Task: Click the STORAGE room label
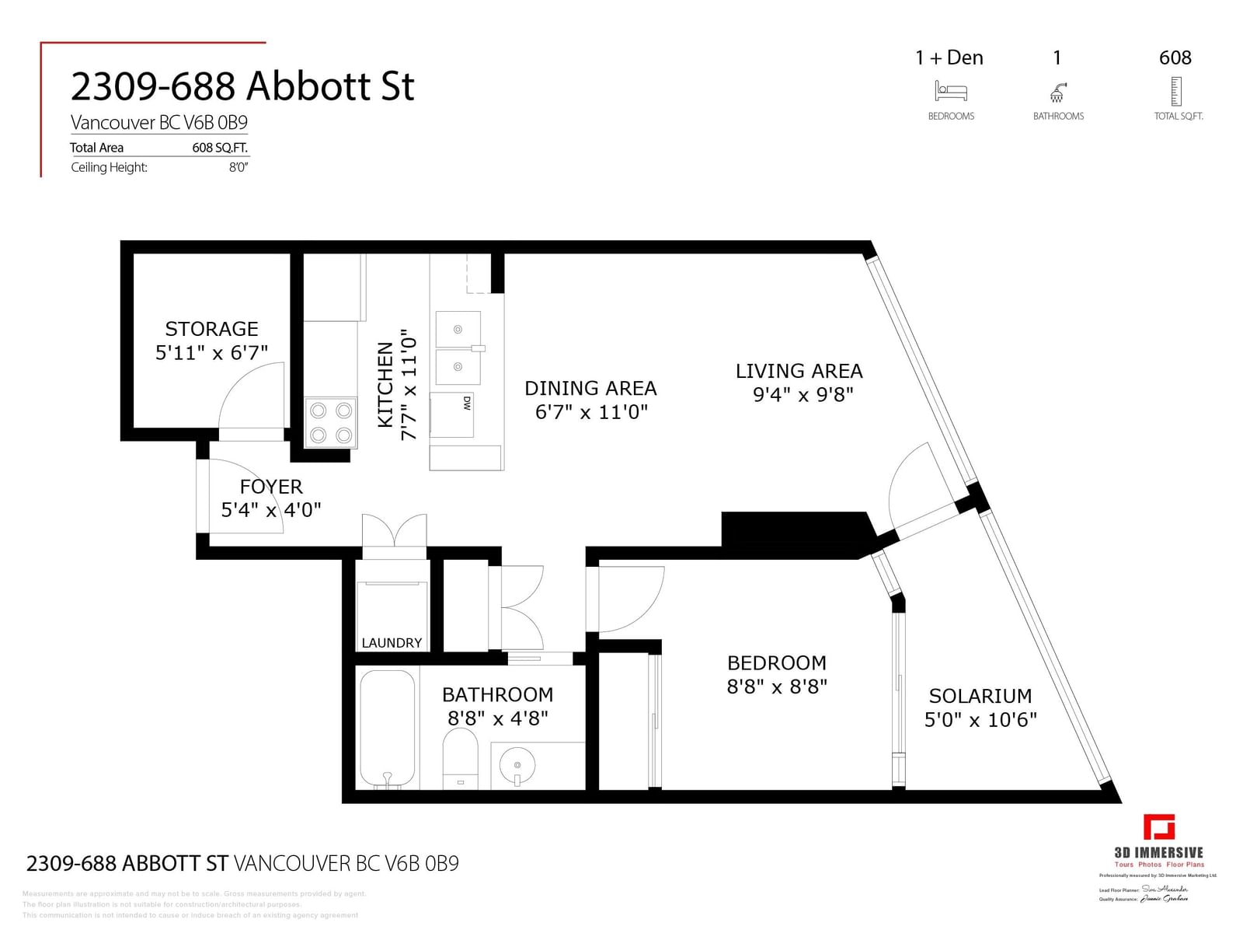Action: pyautogui.click(x=211, y=329)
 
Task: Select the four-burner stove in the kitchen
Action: pyautogui.click(x=330, y=423)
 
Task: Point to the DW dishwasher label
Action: pyautogui.click(x=467, y=403)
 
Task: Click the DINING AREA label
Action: pyautogui.click(x=590, y=388)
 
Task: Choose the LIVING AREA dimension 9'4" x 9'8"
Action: pyautogui.click(x=803, y=395)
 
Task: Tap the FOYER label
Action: pyautogui.click(x=271, y=487)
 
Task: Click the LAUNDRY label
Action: pyautogui.click(x=392, y=643)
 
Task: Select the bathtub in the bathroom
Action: pyautogui.click(x=388, y=729)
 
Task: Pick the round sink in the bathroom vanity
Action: pyautogui.click(x=517, y=764)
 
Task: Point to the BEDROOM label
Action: pyautogui.click(x=776, y=663)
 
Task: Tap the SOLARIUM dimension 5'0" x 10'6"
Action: pyautogui.click(x=980, y=720)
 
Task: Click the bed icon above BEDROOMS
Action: pyautogui.click(x=951, y=92)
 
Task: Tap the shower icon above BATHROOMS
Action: pyautogui.click(x=1058, y=93)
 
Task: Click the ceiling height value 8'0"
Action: pyautogui.click(x=238, y=167)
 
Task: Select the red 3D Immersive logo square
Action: pyautogui.click(x=1158, y=827)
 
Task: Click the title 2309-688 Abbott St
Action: pyautogui.click(x=242, y=86)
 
